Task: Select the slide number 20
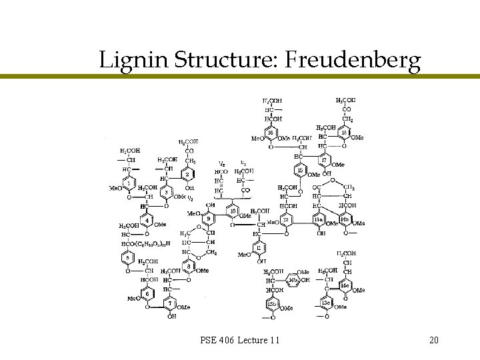point(434,341)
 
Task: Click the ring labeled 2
point(188,175)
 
